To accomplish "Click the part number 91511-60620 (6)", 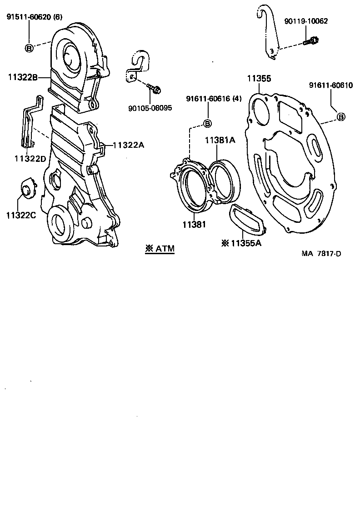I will [x=34, y=17].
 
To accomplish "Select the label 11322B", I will [x=22, y=77].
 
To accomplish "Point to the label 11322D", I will [x=30, y=158].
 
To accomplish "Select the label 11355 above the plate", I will [x=259, y=79].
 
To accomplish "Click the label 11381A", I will [x=220, y=140].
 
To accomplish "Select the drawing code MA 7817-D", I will [x=321, y=253].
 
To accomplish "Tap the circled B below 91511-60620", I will [x=29, y=47].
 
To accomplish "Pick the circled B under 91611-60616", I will [x=207, y=123].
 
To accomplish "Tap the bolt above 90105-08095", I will [x=155, y=89].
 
